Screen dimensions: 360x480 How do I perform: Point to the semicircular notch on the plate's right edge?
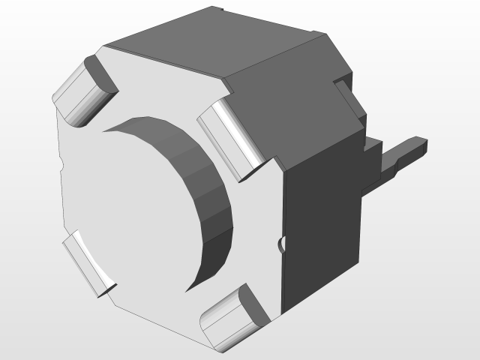point(281,244)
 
